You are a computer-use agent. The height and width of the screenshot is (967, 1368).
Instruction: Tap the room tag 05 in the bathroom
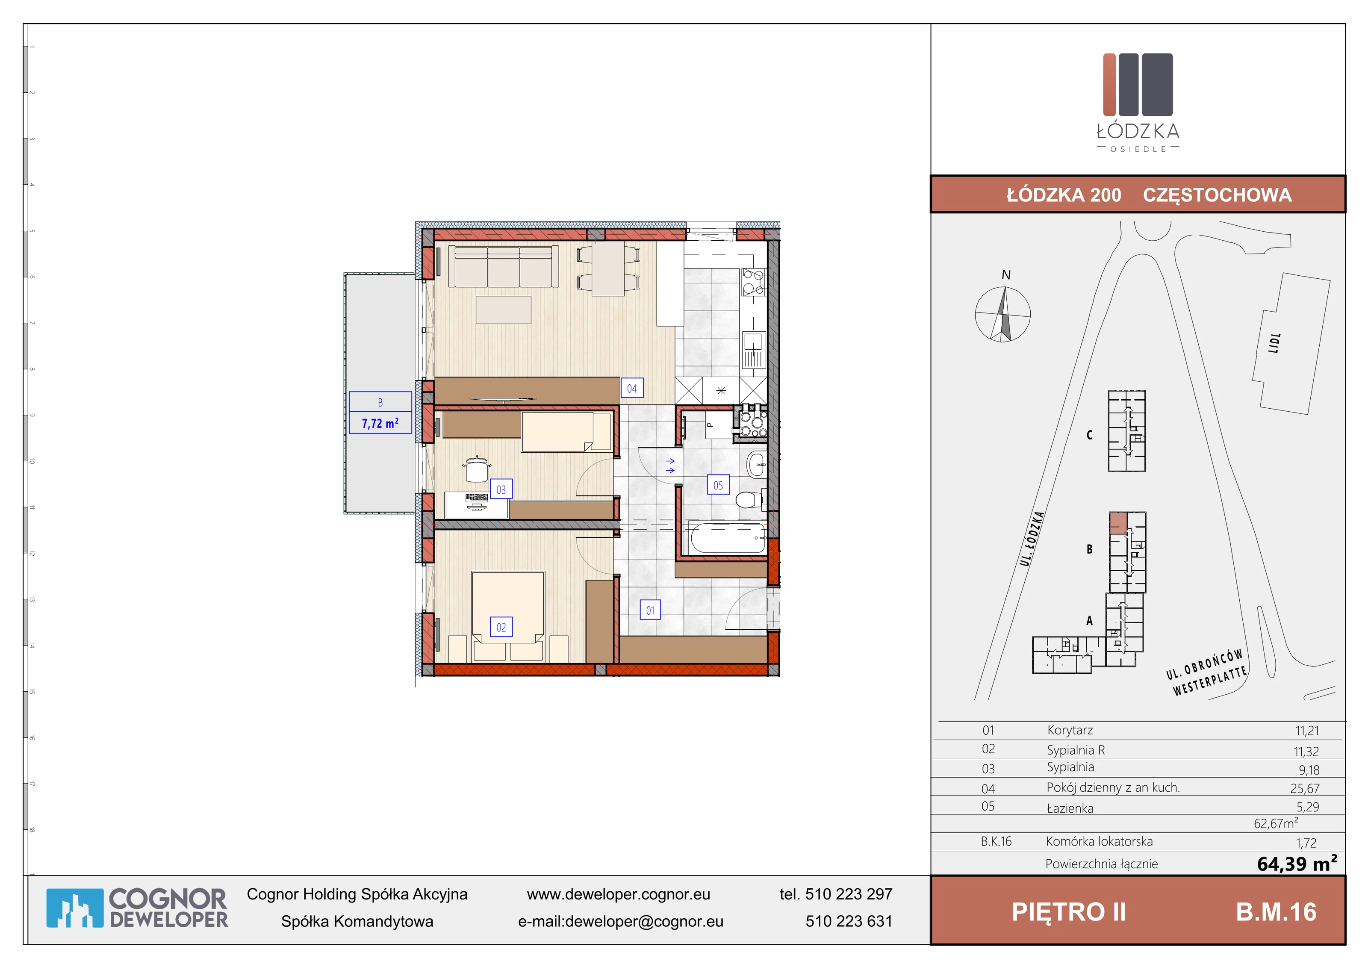pos(718,485)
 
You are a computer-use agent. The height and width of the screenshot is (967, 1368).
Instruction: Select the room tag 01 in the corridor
pos(650,610)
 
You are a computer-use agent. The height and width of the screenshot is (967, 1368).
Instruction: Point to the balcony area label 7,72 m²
pos(380,424)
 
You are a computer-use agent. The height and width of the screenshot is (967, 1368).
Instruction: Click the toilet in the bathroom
pos(749,499)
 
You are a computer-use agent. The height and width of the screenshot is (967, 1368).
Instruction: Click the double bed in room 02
pos(507,616)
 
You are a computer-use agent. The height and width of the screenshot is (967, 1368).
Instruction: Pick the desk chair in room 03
pos(477,469)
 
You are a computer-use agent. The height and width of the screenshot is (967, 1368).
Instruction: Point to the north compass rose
pos(1003,314)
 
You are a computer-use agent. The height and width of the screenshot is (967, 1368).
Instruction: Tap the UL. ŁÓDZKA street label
pos(1032,539)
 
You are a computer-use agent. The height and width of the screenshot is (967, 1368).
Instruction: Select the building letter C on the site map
pos(1090,435)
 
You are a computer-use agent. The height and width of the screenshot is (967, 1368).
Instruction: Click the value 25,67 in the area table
pos(1305,788)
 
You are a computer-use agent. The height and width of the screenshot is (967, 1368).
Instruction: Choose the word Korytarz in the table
pos(1070,730)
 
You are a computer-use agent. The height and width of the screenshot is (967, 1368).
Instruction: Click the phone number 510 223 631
pos(849,921)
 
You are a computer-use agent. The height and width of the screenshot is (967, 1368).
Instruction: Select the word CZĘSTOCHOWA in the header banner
pos(1217,195)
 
